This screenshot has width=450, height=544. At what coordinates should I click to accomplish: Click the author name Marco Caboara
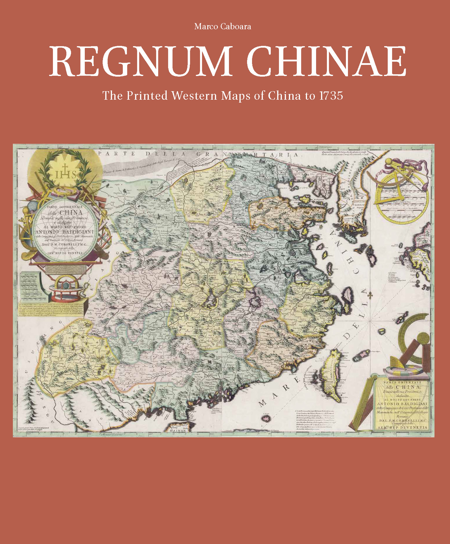pyautogui.click(x=223, y=27)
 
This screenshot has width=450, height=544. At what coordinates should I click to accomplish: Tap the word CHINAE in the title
pyautogui.click(x=327, y=61)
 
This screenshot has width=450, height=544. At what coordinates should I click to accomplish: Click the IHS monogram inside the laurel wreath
pyautogui.click(x=66, y=174)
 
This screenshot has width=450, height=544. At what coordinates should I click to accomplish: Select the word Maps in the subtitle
pyautogui.click(x=236, y=96)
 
